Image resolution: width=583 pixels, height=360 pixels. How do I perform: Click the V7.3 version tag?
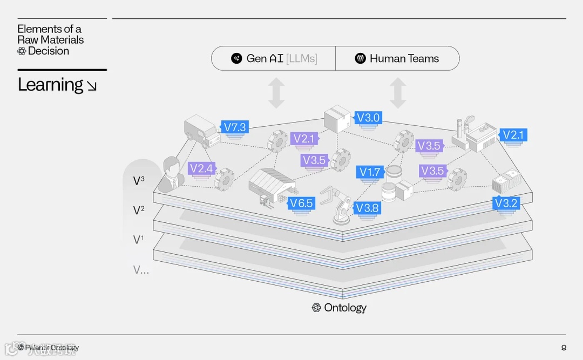pos(235,127)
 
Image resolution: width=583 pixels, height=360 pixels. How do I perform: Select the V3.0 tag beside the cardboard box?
pos(369,118)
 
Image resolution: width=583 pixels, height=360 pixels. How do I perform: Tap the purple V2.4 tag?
pos(201,168)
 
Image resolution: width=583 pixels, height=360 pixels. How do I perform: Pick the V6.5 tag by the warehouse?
pos(301,203)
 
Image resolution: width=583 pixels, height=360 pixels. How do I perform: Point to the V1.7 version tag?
pos(370,172)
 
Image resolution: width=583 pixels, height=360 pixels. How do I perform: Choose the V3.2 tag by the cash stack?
pos(506,203)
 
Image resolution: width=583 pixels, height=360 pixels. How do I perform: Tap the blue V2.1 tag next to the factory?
pos(513,134)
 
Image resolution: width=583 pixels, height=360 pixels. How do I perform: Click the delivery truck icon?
pos(201,131)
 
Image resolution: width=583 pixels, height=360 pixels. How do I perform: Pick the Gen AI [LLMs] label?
pos(274,58)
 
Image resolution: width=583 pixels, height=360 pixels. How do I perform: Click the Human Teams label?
pos(397,58)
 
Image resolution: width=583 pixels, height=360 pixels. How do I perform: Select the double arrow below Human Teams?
pos(398,93)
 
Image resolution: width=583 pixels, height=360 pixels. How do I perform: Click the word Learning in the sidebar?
pos(51,85)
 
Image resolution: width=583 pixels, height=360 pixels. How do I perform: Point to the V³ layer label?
pos(139,181)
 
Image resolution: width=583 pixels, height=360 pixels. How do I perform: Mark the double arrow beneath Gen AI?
pos(276,93)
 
